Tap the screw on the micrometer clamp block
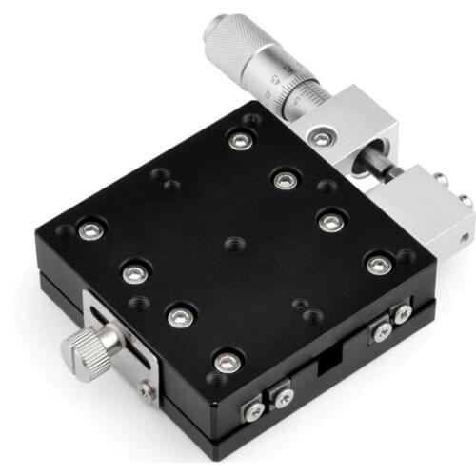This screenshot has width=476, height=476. (x=323, y=139)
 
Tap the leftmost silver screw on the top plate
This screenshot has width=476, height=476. (x=91, y=229)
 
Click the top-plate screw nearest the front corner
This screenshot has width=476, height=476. (x=227, y=362)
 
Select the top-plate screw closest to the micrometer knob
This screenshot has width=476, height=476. (x=238, y=141)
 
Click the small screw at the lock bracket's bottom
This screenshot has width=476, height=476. (x=147, y=388)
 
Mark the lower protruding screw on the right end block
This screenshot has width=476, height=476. (x=465, y=201)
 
